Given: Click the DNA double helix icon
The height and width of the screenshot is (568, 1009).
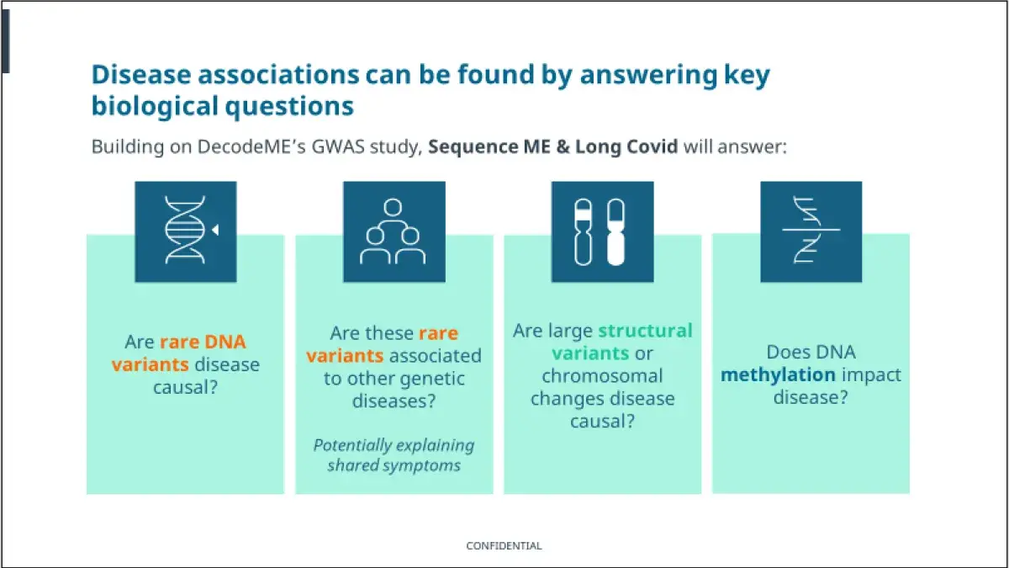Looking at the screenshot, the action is tap(185, 230).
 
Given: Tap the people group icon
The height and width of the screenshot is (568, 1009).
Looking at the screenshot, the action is tap(393, 231).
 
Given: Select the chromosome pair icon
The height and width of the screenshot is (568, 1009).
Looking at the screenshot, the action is tap(600, 231).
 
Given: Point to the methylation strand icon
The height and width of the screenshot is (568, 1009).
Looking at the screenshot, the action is tap(811, 230).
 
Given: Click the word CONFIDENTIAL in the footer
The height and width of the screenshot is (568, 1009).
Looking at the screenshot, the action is tap(504, 546).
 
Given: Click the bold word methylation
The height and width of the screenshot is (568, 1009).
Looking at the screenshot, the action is tap(778, 375).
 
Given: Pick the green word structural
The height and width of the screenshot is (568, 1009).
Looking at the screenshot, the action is tap(645, 331).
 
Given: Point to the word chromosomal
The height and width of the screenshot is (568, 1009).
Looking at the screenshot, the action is tap(602, 376).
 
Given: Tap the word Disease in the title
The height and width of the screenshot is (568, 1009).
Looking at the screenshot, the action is tap(141, 74).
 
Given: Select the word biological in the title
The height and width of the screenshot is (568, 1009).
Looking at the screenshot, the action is tap(155, 106).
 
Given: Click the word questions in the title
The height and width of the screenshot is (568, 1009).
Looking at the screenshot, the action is tap(289, 107).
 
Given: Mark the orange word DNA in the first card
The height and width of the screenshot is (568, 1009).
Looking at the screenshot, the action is tap(225, 342).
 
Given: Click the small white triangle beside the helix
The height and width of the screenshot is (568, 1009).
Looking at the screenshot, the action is tap(215, 230).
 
